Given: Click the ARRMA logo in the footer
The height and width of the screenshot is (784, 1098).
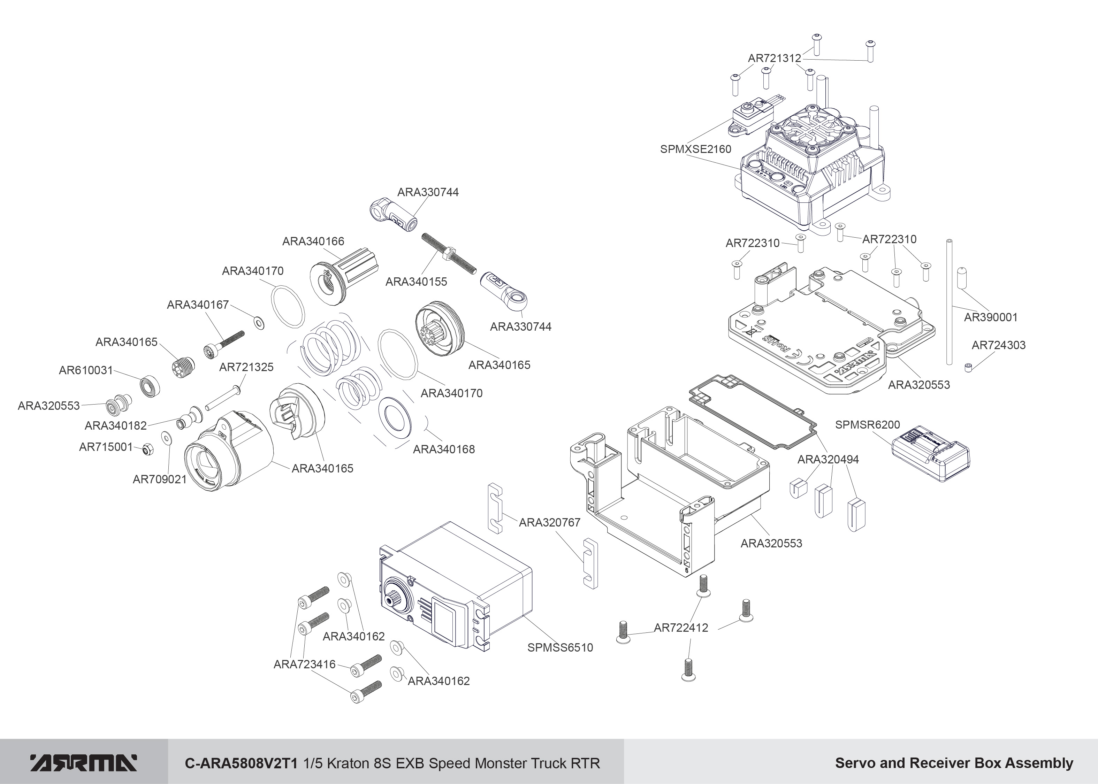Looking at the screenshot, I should [84, 763].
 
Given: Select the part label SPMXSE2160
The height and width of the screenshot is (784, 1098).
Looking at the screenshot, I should [695, 149].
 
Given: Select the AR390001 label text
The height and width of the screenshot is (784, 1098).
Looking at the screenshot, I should [990, 317].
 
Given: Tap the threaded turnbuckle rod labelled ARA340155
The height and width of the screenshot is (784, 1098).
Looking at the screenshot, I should [449, 253].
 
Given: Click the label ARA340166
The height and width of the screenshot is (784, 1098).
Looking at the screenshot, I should [313, 241].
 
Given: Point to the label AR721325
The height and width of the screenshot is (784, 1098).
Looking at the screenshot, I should [246, 367].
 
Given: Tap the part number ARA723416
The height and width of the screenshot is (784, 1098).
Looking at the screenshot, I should [304, 664].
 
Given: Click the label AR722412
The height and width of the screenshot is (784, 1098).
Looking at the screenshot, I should [681, 628].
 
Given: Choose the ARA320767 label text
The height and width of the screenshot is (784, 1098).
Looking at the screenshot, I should [549, 522].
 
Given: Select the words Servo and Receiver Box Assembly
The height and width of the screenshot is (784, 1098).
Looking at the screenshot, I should [954, 763].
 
